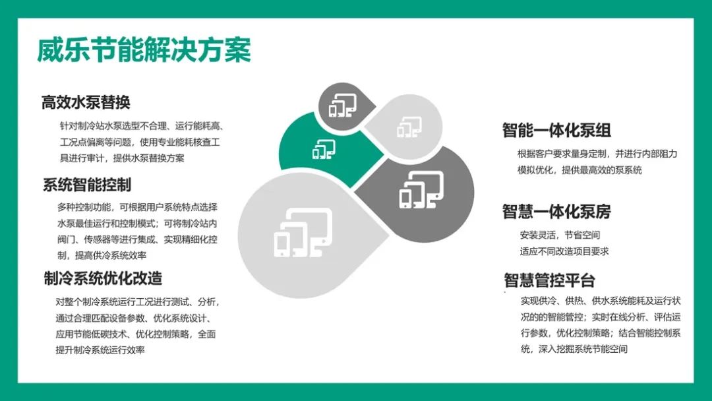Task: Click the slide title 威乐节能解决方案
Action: [x=144, y=50]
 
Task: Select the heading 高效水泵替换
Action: [x=86, y=102]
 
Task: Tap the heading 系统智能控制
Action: [x=87, y=185]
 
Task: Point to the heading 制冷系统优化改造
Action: [x=103, y=278]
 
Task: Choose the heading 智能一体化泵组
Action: [x=556, y=131]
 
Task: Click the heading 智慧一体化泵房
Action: [x=556, y=212]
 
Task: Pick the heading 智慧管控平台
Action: [x=549, y=280]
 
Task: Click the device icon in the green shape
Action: [x=324, y=149]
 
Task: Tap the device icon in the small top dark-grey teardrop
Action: [x=343, y=105]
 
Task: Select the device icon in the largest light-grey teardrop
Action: [x=303, y=233]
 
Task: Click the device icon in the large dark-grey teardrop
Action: [x=421, y=190]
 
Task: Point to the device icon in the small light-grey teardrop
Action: [x=409, y=127]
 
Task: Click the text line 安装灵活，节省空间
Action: [x=560, y=235]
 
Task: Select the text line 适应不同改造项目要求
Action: [x=564, y=251]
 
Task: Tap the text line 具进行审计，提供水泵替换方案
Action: [x=122, y=158]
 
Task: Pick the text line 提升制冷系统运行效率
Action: [x=100, y=350]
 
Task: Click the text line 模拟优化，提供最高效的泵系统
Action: [x=579, y=170]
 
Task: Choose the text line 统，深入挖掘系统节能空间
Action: [x=574, y=350]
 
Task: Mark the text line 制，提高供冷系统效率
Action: [x=102, y=256]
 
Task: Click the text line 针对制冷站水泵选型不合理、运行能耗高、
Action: [x=142, y=126]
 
